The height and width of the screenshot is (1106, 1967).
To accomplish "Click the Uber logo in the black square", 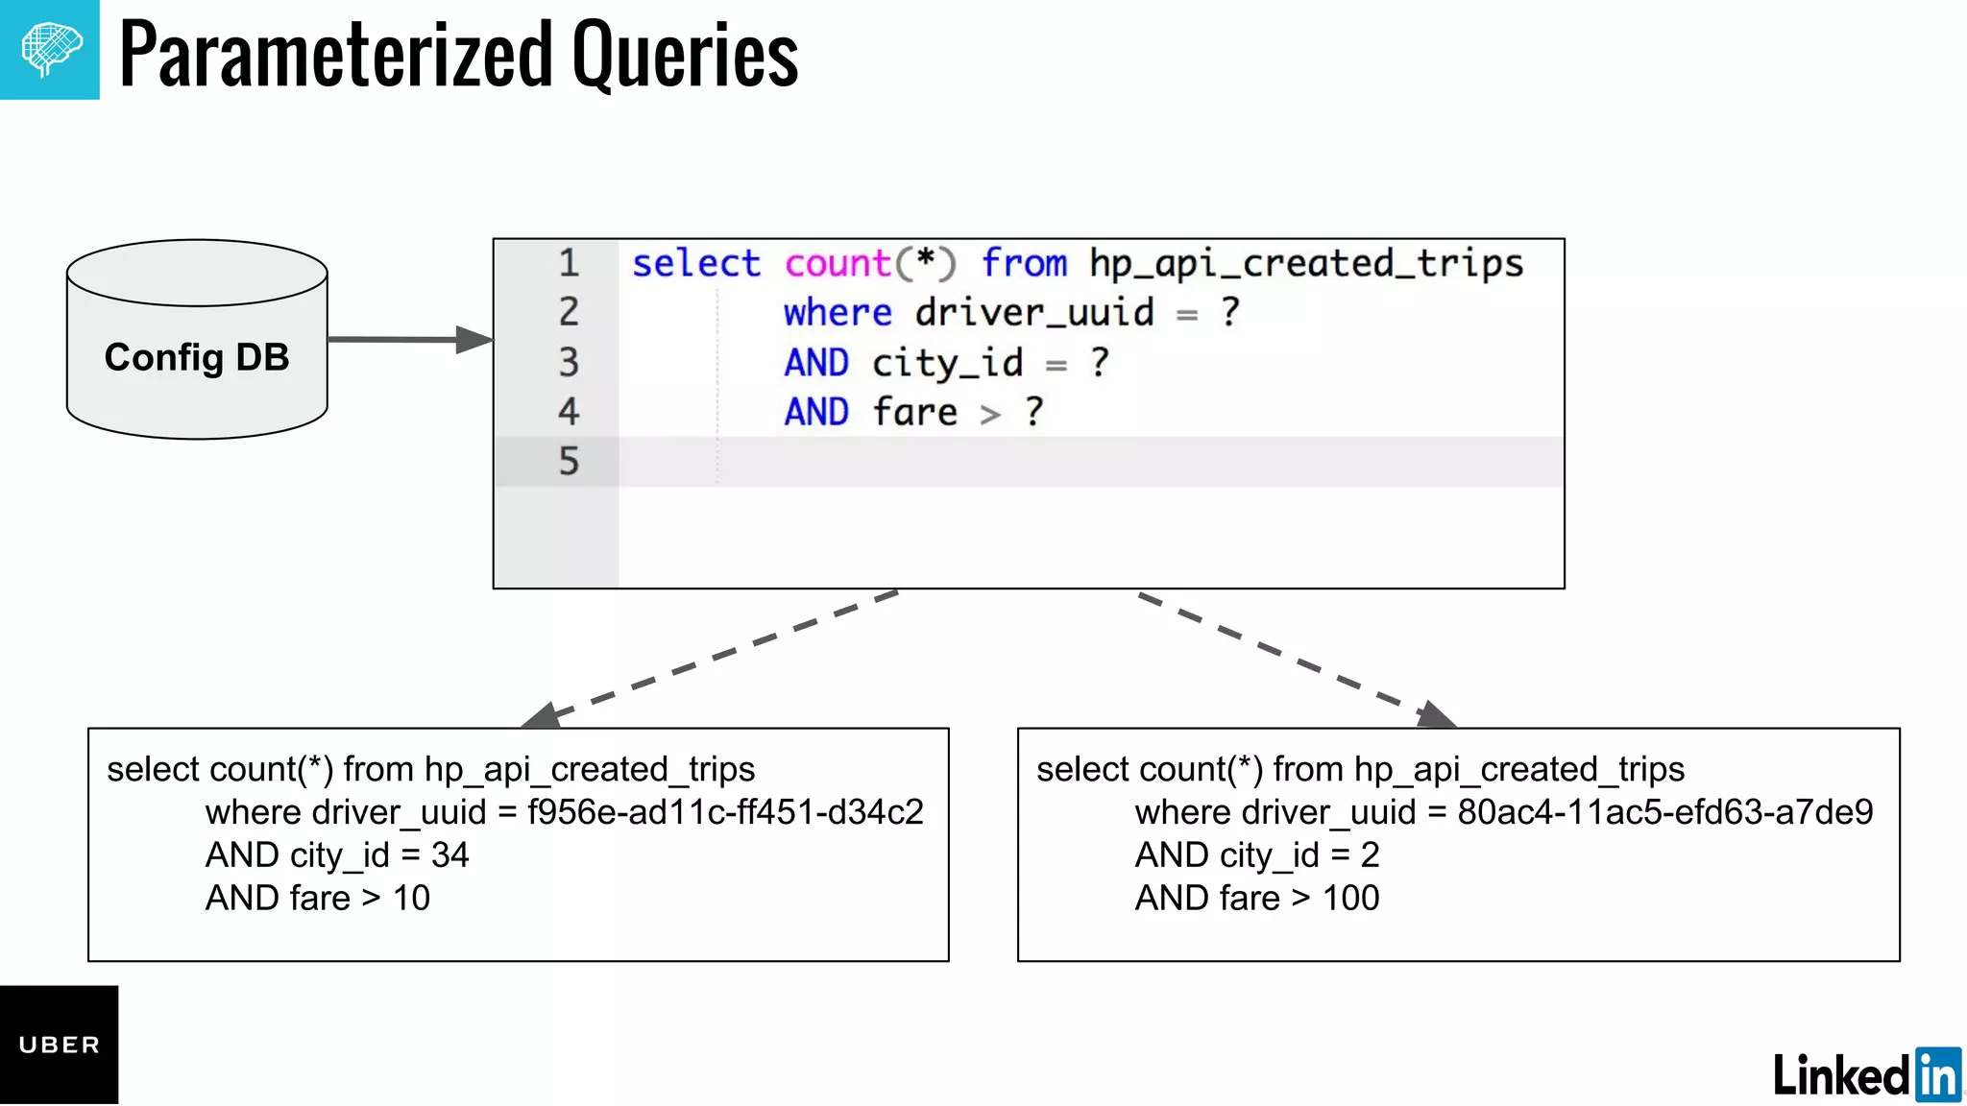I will pyautogui.click(x=59, y=1045).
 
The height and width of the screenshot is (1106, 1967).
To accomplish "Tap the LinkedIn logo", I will pyautogui.click(x=1866, y=1074).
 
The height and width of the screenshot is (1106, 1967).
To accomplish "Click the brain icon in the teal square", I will pyautogui.click(x=50, y=49).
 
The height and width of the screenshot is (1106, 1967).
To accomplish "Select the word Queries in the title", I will pyautogui.click(x=685, y=55).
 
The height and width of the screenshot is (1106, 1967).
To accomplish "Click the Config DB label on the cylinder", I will pyautogui.click(x=197, y=357).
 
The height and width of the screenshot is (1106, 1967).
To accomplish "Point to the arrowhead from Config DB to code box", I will pyautogui.click(x=474, y=339).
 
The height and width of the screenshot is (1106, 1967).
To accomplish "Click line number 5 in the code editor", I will pyautogui.click(x=569, y=462).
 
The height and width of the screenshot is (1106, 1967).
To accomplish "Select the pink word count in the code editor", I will pyautogui.click(x=838, y=263).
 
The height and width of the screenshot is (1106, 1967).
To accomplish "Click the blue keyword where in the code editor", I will pyautogui.click(x=838, y=313).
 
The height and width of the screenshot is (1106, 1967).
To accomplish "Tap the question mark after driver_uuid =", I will pyautogui.click(x=1230, y=312).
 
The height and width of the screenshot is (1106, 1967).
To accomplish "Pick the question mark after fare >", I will pyautogui.click(x=1033, y=412).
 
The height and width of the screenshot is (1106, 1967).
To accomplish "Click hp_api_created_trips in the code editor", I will pyautogui.click(x=1306, y=263).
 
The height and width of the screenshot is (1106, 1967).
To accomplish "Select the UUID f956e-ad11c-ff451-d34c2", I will pyautogui.click(x=725, y=812).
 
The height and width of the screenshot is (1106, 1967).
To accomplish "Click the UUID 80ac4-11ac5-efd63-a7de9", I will pyautogui.click(x=1664, y=812).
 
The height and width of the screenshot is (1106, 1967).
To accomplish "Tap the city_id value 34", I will pyautogui.click(x=449, y=855).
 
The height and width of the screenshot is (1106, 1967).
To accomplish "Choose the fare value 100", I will pyautogui.click(x=1350, y=899).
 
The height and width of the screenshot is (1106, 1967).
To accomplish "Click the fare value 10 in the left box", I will pyautogui.click(x=411, y=899).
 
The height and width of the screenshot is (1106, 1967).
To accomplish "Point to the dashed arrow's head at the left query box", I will pyautogui.click(x=541, y=716).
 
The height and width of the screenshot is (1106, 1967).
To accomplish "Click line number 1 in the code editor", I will pyautogui.click(x=569, y=263).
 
